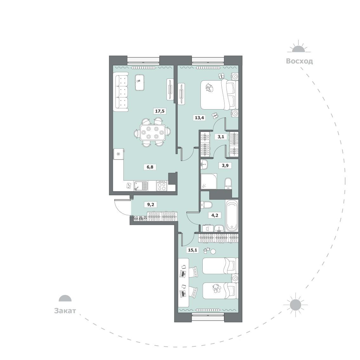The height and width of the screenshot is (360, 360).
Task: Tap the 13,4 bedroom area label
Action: (200, 118)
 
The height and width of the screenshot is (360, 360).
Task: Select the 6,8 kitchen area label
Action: (150, 167)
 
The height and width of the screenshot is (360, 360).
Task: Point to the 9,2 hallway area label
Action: (150, 204)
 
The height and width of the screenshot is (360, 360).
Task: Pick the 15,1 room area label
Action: (193, 250)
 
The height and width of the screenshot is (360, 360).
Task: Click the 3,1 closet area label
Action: (221, 137)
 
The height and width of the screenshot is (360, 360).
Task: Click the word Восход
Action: (299, 61)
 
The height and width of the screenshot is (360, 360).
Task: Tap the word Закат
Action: (65, 311)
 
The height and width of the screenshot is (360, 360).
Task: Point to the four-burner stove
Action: (162, 186)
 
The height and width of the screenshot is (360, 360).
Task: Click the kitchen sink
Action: (141, 186)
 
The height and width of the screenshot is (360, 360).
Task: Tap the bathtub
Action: (232, 216)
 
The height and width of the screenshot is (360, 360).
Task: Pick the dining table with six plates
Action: (152, 133)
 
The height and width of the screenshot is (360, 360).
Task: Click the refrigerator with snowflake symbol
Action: (119, 154)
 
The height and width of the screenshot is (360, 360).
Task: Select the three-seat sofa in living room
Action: (121, 92)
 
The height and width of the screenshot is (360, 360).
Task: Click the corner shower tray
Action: (209, 181)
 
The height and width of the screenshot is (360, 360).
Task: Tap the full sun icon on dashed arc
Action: (295, 305)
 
